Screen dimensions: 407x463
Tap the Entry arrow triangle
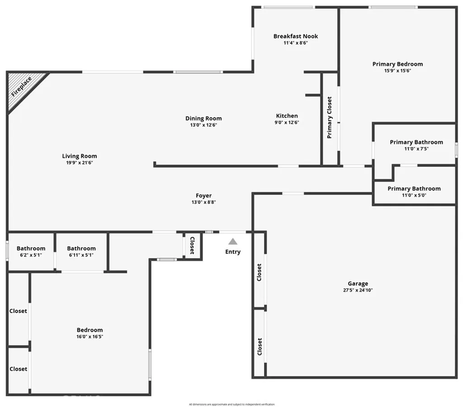pos(233,241)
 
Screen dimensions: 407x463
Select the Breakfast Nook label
pos(296,36)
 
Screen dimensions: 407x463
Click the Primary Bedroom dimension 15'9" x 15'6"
pos(397,71)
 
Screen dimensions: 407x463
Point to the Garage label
pos(358,284)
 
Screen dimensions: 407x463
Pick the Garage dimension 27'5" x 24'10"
pos(358,290)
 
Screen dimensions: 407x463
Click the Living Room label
pos(80,156)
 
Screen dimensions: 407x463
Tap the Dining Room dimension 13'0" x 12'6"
pos(203,125)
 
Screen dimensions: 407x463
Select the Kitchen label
pos(287,116)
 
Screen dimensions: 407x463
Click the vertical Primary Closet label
pos(330,118)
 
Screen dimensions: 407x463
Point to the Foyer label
pos(203,195)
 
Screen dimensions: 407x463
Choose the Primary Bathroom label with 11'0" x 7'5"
pos(416,142)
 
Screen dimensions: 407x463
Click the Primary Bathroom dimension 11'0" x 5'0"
pos(414,195)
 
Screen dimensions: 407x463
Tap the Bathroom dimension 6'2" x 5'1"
pos(31,255)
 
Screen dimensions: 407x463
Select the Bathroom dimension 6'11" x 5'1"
pos(81,255)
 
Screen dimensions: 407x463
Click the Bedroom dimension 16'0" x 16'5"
pos(90,336)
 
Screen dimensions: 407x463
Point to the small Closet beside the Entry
pos(192,245)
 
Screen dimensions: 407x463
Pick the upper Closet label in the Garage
pos(259,272)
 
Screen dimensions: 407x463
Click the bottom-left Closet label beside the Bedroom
pos(19,369)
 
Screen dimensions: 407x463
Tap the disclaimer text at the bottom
pos(231,404)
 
